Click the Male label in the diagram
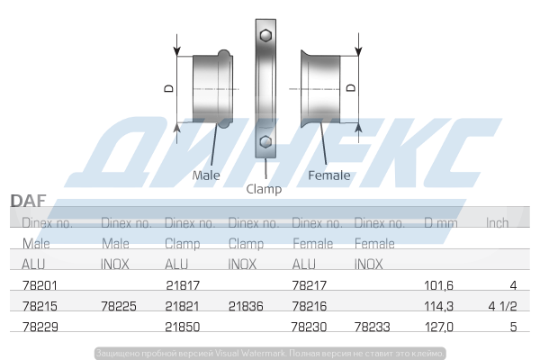click(x=206, y=175)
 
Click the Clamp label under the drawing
click(x=264, y=189)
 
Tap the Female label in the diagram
click(x=328, y=175)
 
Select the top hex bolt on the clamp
click(x=265, y=36)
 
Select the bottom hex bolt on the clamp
click(x=265, y=142)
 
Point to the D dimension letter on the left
click(x=168, y=87)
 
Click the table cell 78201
click(x=39, y=285)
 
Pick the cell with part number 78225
click(x=119, y=307)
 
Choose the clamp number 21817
click(x=183, y=285)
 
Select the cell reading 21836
click(x=246, y=307)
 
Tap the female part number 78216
click(x=310, y=307)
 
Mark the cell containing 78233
click(x=373, y=328)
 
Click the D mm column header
click(x=442, y=223)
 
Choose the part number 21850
click(x=183, y=328)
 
